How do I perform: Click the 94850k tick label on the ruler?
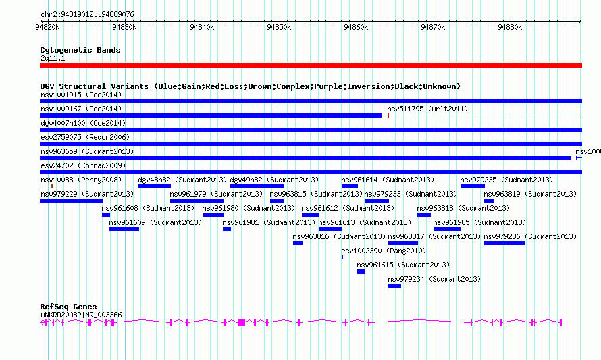(x=278, y=28)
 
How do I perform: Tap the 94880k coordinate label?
(x=510, y=28)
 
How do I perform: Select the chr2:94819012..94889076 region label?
(x=86, y=14)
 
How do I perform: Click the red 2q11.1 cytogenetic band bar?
(x=311, y=66)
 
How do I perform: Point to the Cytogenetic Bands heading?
(x=80, y=50)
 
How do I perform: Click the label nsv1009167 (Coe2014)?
(x=71, y=109)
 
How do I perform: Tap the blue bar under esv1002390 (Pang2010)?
(x=342, y=257)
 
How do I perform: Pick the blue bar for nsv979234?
(x=394, y=286)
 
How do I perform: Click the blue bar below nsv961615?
(x=361, y=272)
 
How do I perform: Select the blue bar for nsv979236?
(x=504, y=243)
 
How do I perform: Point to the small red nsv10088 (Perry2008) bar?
(x=47, y=186)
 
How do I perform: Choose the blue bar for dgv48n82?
(x=155, y=186)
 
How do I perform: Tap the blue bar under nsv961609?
(x=124, y=229)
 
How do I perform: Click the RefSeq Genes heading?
(x=68, y=307)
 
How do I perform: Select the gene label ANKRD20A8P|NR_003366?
(x=81, y=315)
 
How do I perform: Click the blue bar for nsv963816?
(x=298, y=243)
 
